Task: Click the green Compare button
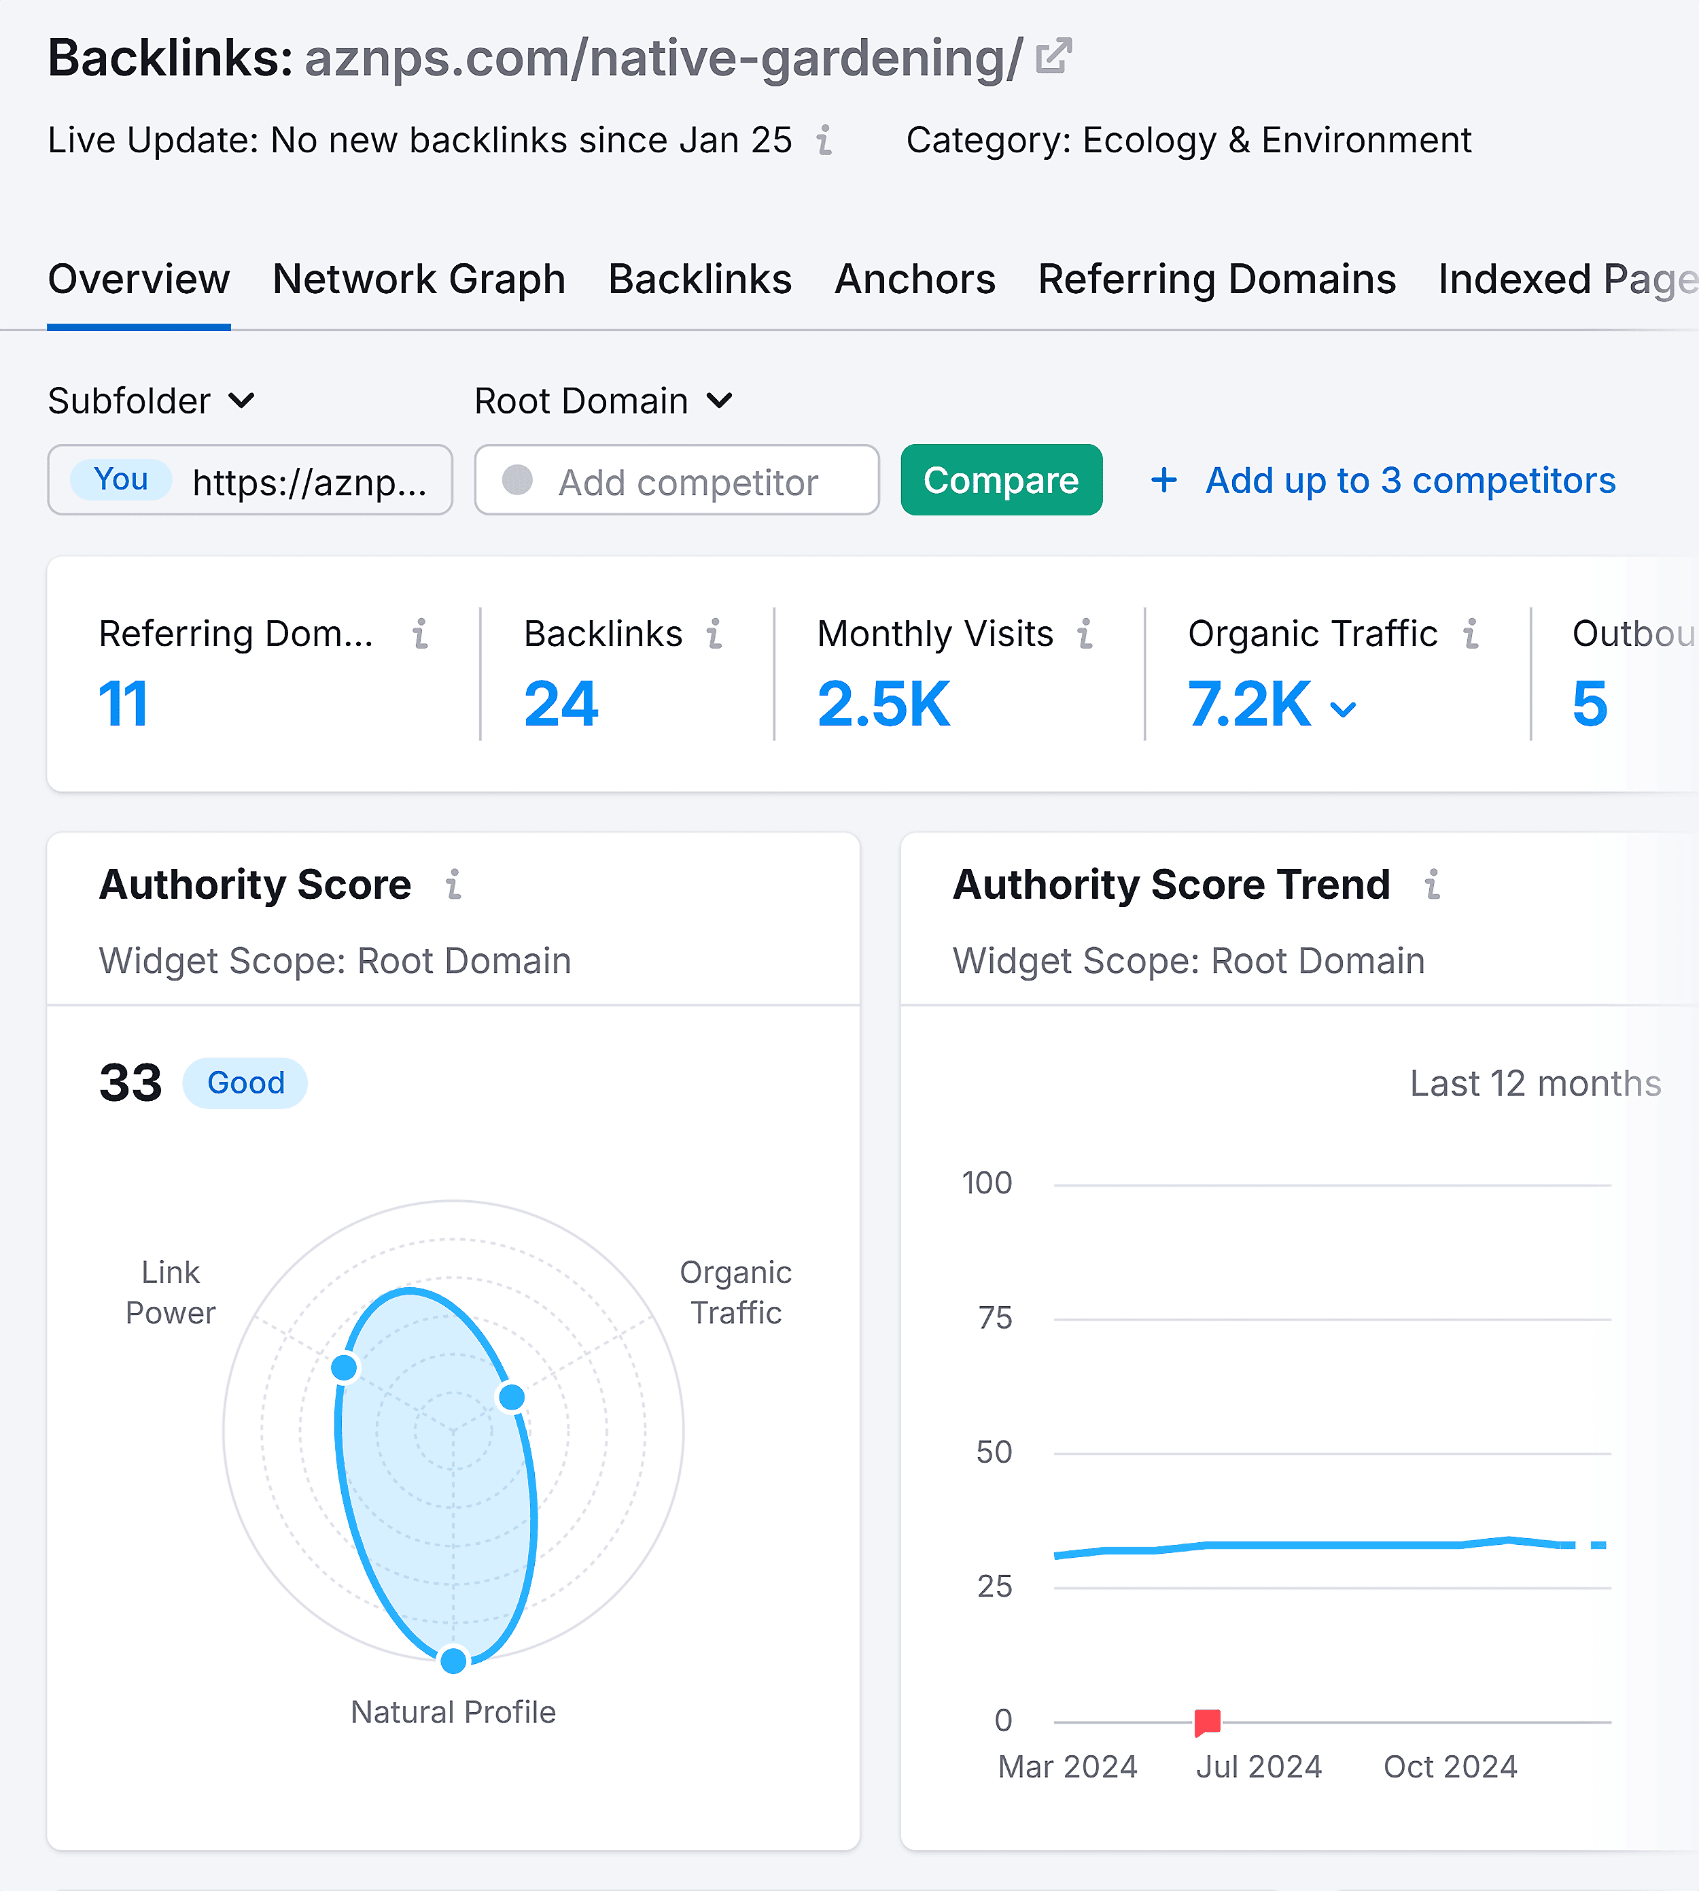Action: tap(1001, 480)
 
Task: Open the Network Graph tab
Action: tap(419, 279)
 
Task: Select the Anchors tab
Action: tap(915, 279)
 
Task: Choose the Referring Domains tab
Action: tap(1216, 279)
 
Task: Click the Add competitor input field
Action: tap(687, 482)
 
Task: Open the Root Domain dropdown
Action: tap(603, 402)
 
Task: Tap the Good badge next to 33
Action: tap(245, 1083)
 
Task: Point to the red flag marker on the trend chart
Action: tap(1207, 1721)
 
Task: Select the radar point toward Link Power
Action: tap(345, 1367)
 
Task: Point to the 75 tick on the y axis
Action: tap(995, 1318)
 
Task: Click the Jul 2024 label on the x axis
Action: tap(1259, 1767)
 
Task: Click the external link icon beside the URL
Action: tap(1054, 57)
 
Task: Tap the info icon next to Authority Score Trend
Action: tap(1432, 885)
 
